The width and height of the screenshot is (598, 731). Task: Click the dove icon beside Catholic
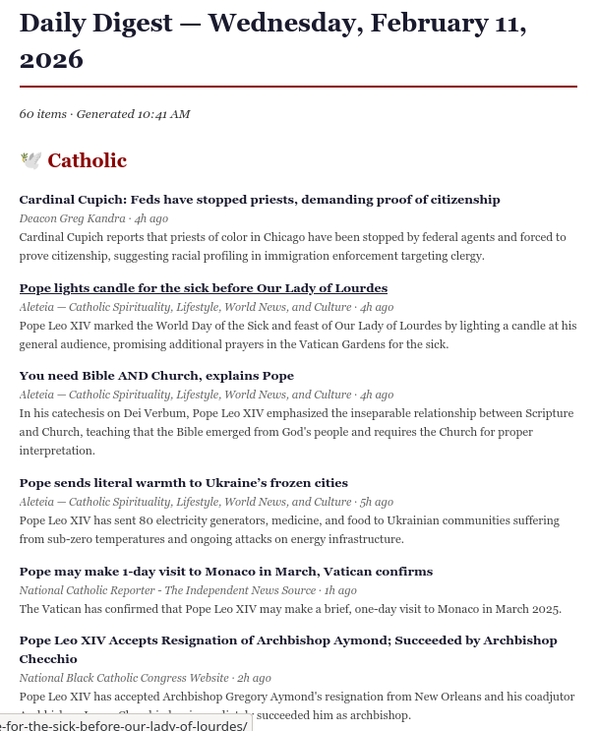[x=31, y=160]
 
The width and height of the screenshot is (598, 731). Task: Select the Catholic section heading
[x=87, y=160]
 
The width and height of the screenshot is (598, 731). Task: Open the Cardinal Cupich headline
[x=260, y=200]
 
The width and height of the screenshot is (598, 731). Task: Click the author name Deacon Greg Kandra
[x=72, y=218]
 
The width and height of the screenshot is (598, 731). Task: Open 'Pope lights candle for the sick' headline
[x=204, y=288]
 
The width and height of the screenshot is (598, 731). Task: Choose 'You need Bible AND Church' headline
[x=156, y=376]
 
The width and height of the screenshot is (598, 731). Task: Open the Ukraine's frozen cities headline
[x=184, y=483]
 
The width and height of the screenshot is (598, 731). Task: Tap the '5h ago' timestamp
[x=377, y=502]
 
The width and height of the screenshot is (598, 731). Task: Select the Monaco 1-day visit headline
[x=226, y=572]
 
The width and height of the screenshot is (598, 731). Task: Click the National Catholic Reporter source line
[x=167, y=590]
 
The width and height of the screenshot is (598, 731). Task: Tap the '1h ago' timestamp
[x=340, y=590]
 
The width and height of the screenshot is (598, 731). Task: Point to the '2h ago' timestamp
[x=255, y=678]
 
